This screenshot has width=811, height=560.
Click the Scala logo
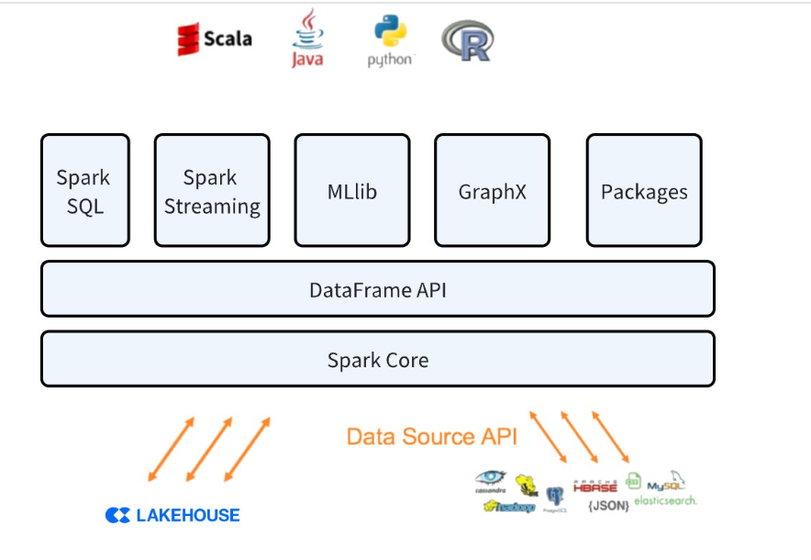(x=214, y=39)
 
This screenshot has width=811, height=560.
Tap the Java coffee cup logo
(x=307, y=39)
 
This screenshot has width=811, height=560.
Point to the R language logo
(x=467, y=41)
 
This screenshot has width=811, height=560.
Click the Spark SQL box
(x=85, y=191)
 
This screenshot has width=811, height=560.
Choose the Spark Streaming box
(x=212, y=191)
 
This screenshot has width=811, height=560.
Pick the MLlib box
(x=352, y=191)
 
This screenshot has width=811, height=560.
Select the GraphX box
(x=492, y=191)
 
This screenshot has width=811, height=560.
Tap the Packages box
(x=644, y=191)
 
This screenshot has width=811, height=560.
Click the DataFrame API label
(x=377, y=290)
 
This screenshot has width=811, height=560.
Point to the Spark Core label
(x=377, y=360)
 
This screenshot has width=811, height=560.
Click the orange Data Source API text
(x=431, y=436)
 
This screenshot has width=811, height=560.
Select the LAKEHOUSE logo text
(x=173, y=515)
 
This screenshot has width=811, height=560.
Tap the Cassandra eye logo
(x=491, y=480)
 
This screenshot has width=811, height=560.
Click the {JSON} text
(x=608, y=505)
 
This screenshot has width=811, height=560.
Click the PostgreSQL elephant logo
(x=554, y=497)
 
